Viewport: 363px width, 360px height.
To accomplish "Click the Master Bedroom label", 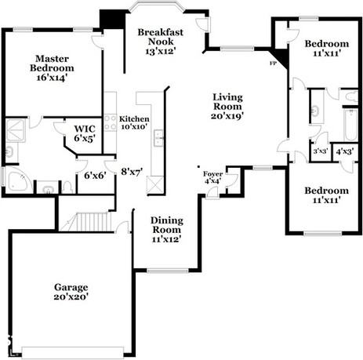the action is (x=52, y=64).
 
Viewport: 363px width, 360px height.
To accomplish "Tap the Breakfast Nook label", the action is (x=161, y=37).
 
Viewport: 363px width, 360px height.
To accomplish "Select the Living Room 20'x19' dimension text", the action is (x=227, y=115).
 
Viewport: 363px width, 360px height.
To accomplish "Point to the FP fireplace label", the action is (x=273, y=63).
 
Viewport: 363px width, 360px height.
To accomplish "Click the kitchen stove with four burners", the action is (x=110, y=122).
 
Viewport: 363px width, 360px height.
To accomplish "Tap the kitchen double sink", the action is (x=158, y=136).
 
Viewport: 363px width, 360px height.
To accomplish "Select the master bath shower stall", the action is (x=15, y=130).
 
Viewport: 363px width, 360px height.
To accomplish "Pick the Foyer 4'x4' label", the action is (x=213, y=177).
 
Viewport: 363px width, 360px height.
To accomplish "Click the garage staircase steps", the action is (x=93, y=222).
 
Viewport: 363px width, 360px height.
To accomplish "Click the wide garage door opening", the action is (x=73, y=352).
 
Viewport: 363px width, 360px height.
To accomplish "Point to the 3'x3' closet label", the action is (x=321, y=151).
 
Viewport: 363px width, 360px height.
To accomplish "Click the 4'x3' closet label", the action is (x=345, y=151).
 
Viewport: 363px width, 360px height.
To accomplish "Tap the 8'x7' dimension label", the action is (x=132, y=172).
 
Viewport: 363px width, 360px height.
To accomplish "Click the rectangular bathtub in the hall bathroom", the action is (x=350, y=125).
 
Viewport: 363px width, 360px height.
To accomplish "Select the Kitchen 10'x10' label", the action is (x=134, y=122).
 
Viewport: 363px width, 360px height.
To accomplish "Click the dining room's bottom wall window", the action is (x=167, y=271).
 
